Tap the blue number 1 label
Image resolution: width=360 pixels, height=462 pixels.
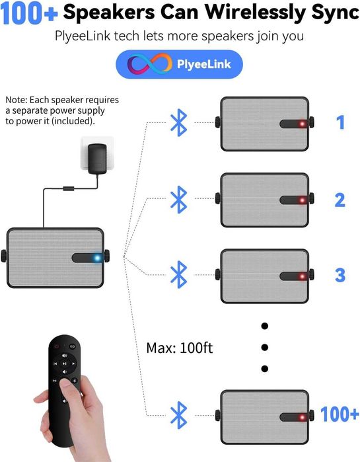(x=340, y=123)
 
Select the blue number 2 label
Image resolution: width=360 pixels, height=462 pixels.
(x=340, y=200)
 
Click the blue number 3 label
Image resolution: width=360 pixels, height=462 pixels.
(x=340, y=275)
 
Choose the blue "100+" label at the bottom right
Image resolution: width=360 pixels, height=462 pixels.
(x=340, y=414)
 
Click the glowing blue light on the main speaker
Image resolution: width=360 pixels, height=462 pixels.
(x=96, y=258)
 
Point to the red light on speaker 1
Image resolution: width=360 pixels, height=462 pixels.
(x=302, y=124)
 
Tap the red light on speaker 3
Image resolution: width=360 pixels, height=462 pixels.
(x=302, y=276)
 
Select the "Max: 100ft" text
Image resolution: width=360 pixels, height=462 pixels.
(x=179, y=347)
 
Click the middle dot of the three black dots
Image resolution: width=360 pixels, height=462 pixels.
(x=265, y=347)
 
